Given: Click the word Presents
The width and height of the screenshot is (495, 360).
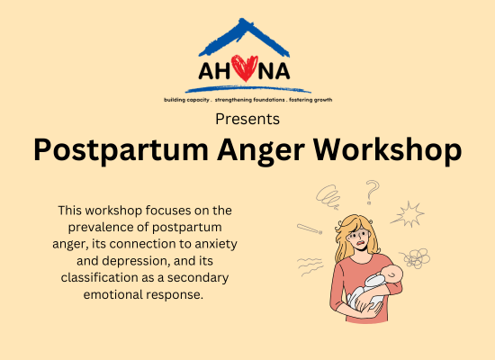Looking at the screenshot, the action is pyautogui.click(x=247, y=120).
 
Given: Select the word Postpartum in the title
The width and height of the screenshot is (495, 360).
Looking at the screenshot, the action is pyautogui.click(x=121, y=149).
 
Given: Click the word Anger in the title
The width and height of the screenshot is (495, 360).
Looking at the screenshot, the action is pyautogui.click(x=261, y=150).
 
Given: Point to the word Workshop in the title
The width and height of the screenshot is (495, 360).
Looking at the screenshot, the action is pyautogui.click(x=387, y=149).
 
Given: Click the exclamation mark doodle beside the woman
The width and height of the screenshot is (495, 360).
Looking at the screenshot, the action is pyautogui.click(x=310, y=229).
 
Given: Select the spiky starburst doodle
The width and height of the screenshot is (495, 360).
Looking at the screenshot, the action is pyautogui.click(x=408, y=214).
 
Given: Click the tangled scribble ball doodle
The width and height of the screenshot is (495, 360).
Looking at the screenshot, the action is pyautogui.click(x=416, y=258).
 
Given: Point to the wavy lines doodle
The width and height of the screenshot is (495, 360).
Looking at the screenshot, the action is pyautogui.click(x=310, y=266).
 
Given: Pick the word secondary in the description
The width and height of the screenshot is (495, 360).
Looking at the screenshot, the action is pyautogui.click(x=198, y=278).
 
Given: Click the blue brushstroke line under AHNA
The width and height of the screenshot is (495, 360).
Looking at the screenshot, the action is pyautogui.click(x=248, y=89).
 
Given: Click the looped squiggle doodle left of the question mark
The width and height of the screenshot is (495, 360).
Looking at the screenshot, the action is pyautogui.click(x=328, y=197).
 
